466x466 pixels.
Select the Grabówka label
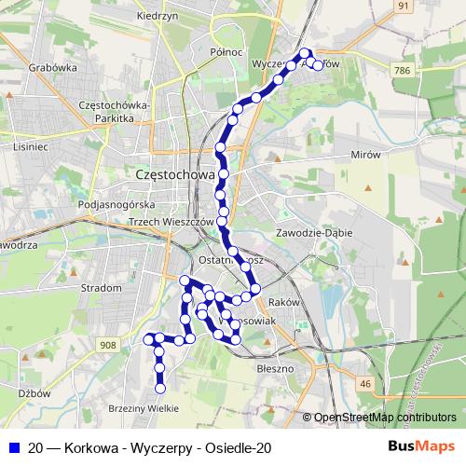[x=52, y=67]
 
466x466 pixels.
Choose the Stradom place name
[x=102, y=288]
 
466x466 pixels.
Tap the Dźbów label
[x=34, y=393]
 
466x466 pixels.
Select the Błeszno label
[x=274, y=368]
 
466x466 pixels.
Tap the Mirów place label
[x=367, y=156]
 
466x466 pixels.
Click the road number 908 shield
[x=108, y=346]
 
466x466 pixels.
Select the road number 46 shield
[x=365, y=383]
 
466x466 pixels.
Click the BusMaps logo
[x=422, y=447]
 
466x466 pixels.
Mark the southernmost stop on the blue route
[x=160, y=388]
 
